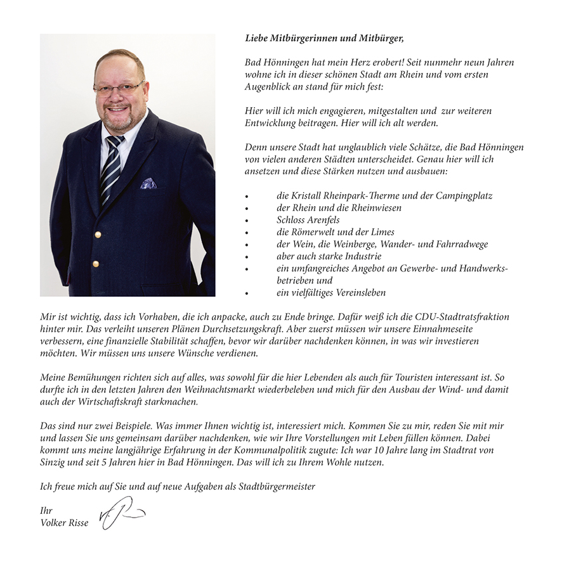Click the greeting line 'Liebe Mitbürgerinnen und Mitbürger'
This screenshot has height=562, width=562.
[324, 38]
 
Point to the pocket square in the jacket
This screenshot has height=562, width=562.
[148, 183]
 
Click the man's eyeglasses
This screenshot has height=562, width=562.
[119, 88]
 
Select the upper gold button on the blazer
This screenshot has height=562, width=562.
[97, 235]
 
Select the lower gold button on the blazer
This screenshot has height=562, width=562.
[95, 263]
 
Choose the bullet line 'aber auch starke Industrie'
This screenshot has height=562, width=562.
[329, 256]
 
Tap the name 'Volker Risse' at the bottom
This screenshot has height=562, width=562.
[64, 523]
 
